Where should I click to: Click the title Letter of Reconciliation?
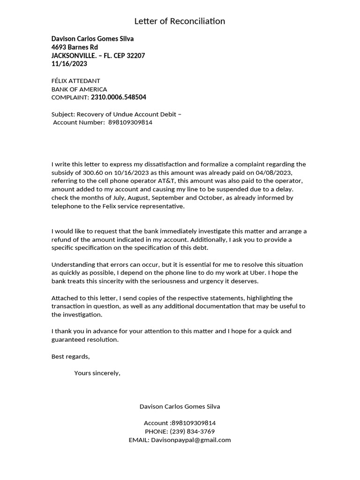pyautogui.click(x=180, y=21)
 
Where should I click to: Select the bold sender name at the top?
pyautogui.click(x=92, y=39)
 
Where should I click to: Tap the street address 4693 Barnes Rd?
pyautogui.click(x=75, y=47)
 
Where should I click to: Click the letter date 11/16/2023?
pyautogui.click(x=69, y=64)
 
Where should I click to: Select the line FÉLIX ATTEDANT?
pyautogui.click(x=75, y=81)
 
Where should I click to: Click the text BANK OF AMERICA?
pyautogui.click(x=79, y=89)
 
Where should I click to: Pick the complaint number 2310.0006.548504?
pyautogui.click(x=118, y=97)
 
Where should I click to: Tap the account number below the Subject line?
pyautogui.click(x=130, y=123)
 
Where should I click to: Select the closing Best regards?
pyautogui.click(x=70, y=357)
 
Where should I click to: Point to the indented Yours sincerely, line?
pyautogui.click(x=97, y=374)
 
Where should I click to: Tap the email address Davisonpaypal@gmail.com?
pyautogui.click(x=191, y=440)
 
